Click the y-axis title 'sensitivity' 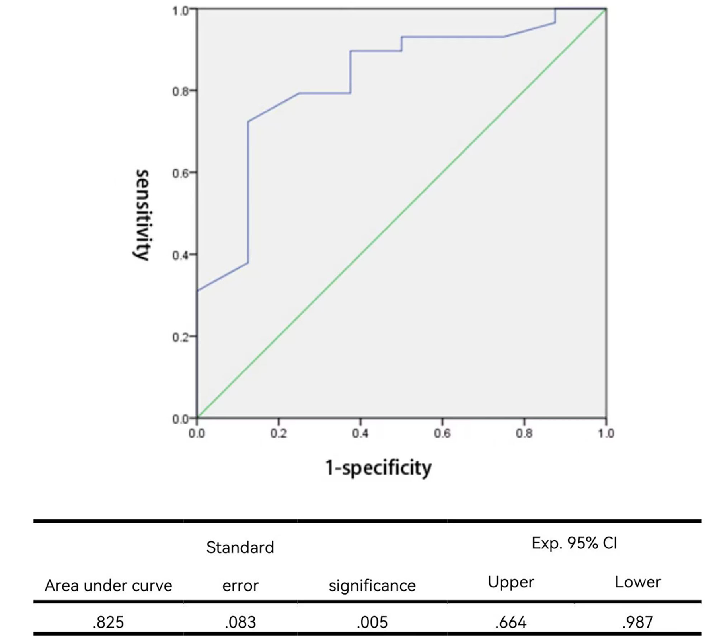point(142,215)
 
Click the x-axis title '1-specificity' point(378,467)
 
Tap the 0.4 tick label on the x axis point(360,433)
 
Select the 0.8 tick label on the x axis point(524,433)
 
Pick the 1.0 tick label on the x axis point(606,433)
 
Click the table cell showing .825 point(108,622)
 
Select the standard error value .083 point(240,622)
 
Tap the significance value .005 point(372,622)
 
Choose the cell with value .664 point(511,622)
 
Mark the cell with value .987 point(638,622)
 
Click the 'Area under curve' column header point(108,585)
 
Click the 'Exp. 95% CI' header point(574,543)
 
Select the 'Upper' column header point(511,582)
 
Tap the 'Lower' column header point(638,582)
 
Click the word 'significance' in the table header point(372,585)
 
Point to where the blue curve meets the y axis point(197,291)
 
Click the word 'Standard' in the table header point(240,548)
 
